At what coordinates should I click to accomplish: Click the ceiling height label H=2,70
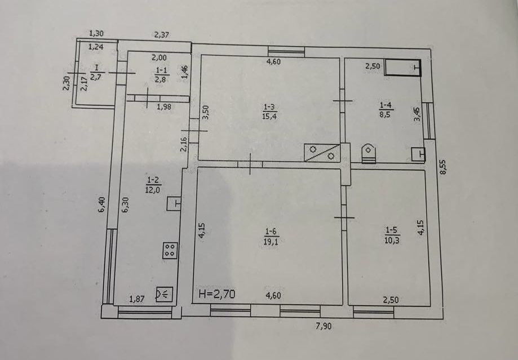coord(217,294)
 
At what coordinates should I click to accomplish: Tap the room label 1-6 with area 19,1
coord(271,237)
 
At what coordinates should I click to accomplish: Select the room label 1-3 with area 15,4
coord(269,112)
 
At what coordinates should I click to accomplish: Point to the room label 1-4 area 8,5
coord(386,110)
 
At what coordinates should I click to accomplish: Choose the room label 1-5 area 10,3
coord(392,235)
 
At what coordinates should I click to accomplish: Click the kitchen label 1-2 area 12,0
coord(153,185)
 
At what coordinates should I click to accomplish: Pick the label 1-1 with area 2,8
coord(161,74)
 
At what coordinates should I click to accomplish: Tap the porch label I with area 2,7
coord(96,72)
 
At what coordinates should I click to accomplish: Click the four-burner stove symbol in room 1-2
coord(170,250)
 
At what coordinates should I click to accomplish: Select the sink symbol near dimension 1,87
coord(164,294)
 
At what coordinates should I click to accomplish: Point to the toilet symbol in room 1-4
coord(368,153)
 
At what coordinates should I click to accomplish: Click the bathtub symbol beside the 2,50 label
coord(402,68)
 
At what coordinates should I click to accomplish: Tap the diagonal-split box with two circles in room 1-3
coord(322,153)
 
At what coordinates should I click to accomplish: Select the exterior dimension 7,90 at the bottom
coord(324,326)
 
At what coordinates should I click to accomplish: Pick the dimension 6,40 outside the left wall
coord(102,205)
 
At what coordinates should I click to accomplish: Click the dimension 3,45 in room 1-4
coord(417,114)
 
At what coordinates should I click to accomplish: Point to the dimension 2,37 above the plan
coord(162,34)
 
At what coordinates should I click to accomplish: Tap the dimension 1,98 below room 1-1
coord(164,106)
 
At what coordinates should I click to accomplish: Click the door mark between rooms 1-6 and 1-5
coord(344,217)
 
